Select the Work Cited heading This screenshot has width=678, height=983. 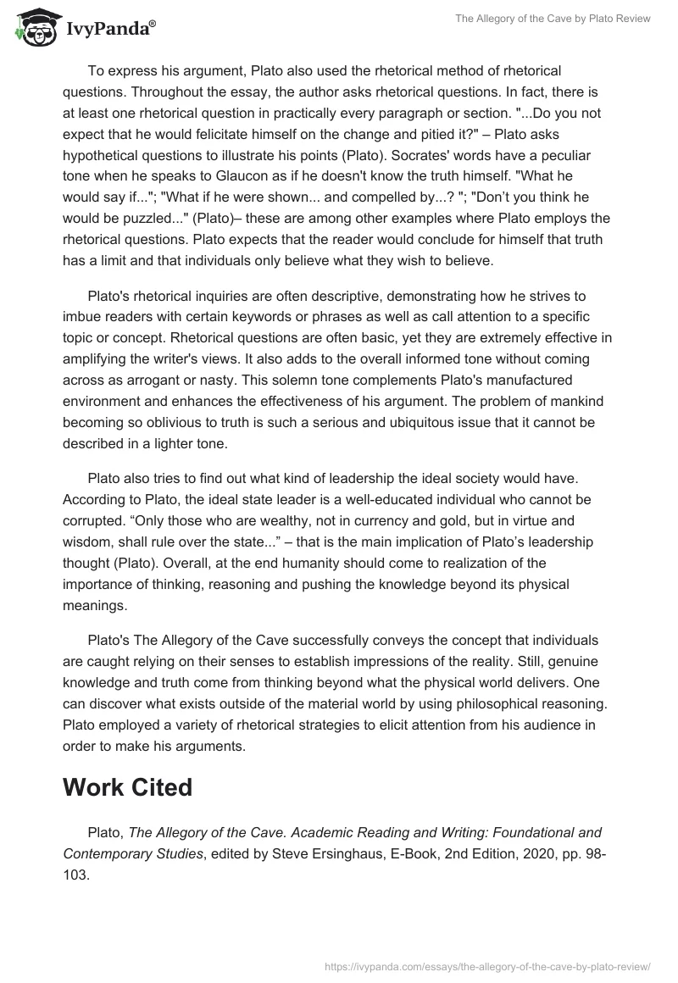point(128,786)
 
